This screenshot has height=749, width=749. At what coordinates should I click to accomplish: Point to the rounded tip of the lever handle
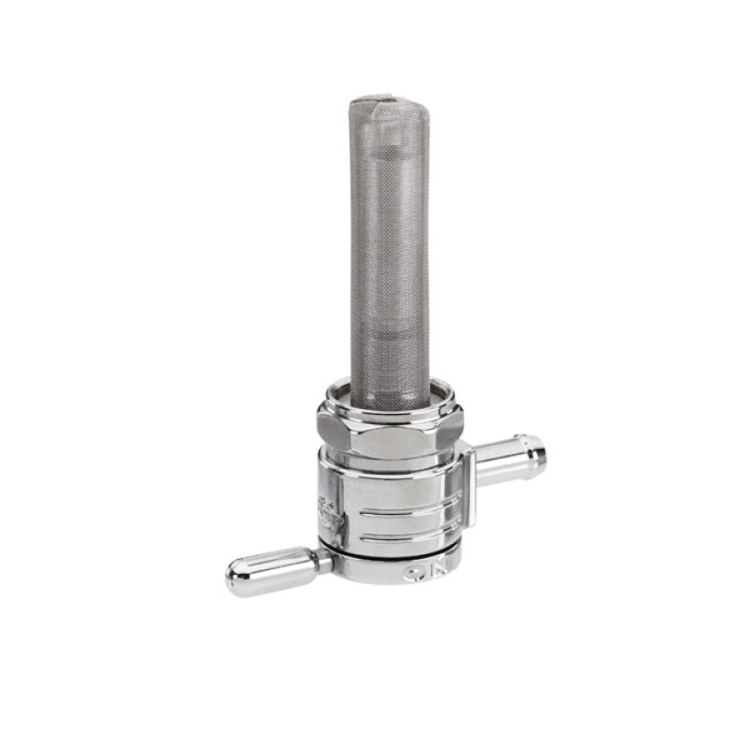click(236, 578)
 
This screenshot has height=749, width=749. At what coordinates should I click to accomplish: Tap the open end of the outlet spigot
click(538, 450)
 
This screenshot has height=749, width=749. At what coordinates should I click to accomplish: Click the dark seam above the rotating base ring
click(393, 555)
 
